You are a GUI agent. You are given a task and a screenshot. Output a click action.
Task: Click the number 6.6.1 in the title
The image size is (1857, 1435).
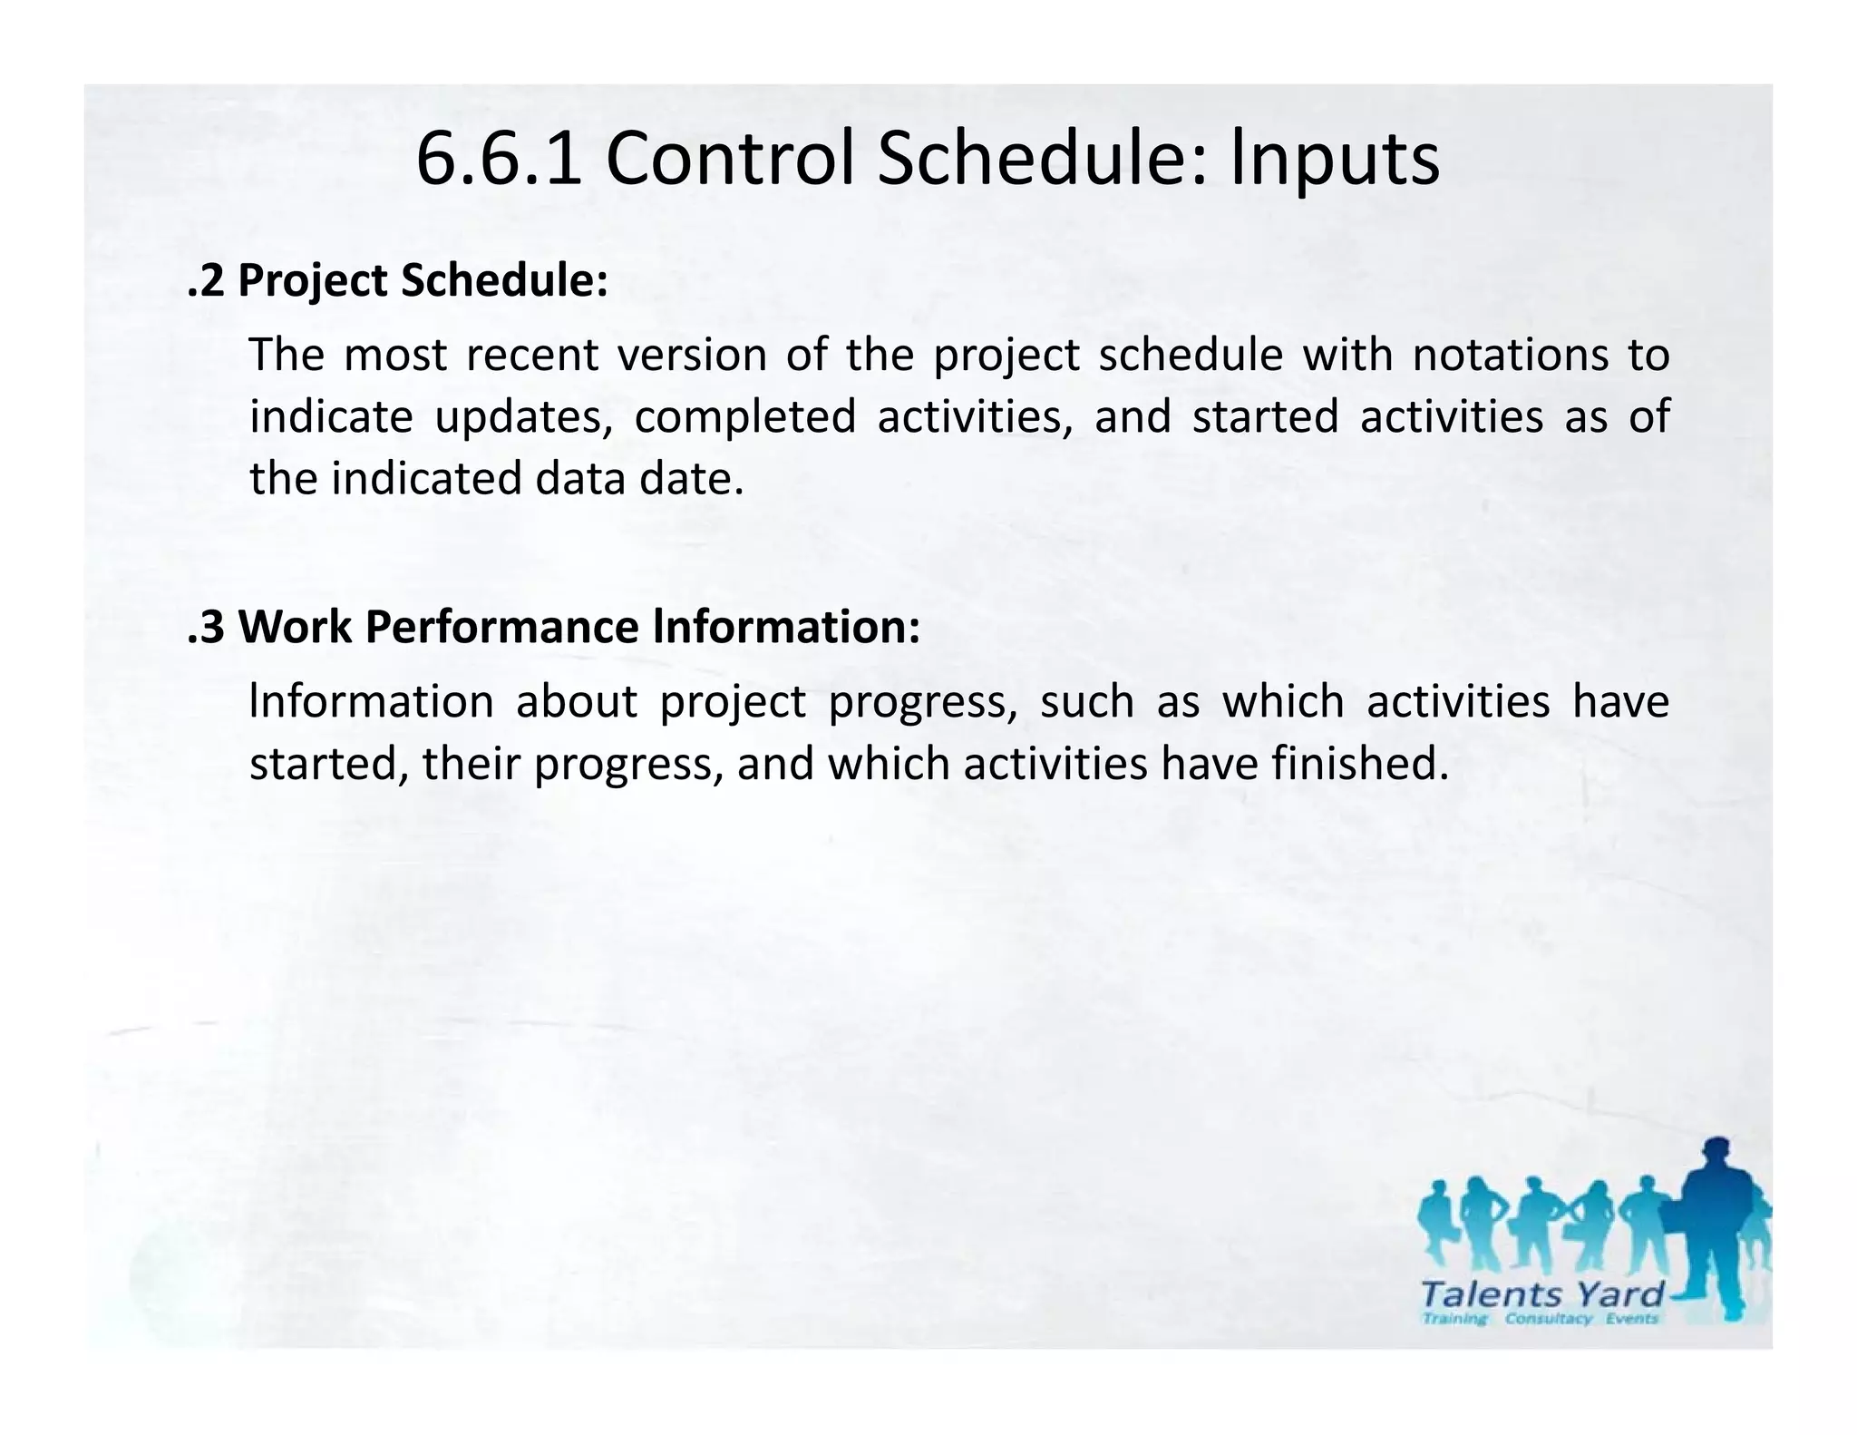[x=498, y=160]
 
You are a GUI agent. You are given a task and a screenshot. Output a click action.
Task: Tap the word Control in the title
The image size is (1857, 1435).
[x=730, y=160]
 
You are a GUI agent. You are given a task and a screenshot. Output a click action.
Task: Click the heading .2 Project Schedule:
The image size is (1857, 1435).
[x=397, y=280]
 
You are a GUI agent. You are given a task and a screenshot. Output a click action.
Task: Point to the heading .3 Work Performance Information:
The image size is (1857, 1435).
[x=553, y=627]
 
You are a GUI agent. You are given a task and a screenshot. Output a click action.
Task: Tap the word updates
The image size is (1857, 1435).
[x=523, y=418]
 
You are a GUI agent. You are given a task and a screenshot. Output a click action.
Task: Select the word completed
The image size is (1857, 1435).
[x=744, y=417]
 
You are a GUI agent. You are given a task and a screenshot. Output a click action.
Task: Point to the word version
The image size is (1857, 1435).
[x=693, y=355]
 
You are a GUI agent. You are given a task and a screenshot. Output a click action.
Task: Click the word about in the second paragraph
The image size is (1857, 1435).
[x=576, y=702]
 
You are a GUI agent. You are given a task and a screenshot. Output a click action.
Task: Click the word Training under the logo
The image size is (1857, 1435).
[x=1454, y=1319]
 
